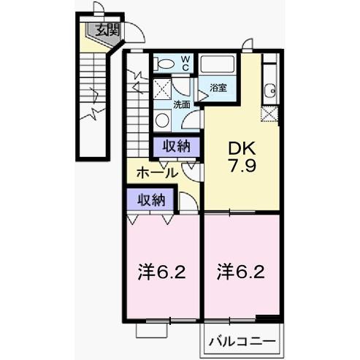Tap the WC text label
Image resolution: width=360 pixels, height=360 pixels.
[185, 62]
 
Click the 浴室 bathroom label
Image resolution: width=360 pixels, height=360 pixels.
[218, 88]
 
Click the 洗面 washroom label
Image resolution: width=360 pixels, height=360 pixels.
[181, 104]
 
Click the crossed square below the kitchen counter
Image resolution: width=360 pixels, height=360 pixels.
[270, 114]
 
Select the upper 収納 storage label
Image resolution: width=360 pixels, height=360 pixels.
[177, 145]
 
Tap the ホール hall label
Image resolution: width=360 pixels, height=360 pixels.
[156, 173]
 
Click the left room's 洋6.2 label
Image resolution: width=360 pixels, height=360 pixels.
[162, 273]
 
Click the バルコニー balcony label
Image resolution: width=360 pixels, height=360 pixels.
[241, 341]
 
